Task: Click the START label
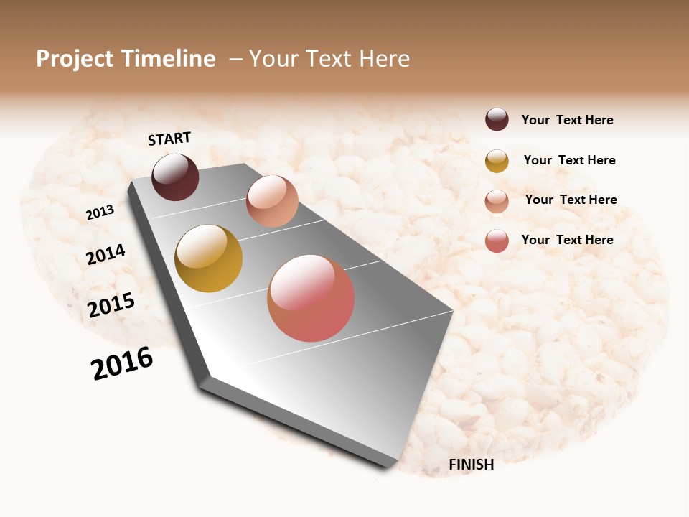[169, 139]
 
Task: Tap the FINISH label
[471, 465]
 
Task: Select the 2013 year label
[100, 213]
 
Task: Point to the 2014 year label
[106, 255]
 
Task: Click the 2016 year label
[122, 363]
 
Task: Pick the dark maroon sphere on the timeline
[175, 177]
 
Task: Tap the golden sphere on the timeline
[208, 258]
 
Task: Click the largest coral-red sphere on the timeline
[311, 298]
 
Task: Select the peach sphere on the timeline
[272, 201]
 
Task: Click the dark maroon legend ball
[497, 120]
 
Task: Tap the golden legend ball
[497, 161]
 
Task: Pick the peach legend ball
[497, 201]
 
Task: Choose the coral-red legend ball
[497, 241]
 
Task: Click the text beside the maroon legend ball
[567, 121]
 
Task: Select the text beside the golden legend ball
[569, 161]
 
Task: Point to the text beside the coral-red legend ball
[567, 240]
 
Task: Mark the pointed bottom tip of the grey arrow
[388, 465]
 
